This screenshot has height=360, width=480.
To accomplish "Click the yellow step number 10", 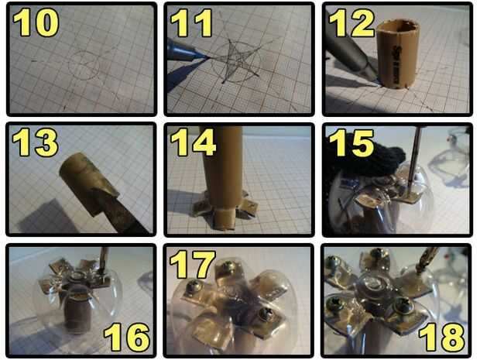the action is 36,22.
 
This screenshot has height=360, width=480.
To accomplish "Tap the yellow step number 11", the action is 192,22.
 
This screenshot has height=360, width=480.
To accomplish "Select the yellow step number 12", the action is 351,22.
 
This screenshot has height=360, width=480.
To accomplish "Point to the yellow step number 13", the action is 35,142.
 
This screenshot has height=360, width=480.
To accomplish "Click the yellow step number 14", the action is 194,142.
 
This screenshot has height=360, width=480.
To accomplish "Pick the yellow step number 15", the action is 351,143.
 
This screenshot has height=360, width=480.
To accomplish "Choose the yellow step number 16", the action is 127,337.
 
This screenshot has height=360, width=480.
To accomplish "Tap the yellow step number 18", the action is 442,337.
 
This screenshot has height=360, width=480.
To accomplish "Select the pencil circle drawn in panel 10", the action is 84,65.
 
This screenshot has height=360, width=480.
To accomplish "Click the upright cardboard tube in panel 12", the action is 397,54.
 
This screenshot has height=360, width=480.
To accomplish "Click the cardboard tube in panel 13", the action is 89,183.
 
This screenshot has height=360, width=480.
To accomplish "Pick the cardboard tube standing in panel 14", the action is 221,177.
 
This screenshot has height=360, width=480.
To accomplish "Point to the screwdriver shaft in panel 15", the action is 414,159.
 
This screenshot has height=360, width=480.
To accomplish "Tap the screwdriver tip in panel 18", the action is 419,270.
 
